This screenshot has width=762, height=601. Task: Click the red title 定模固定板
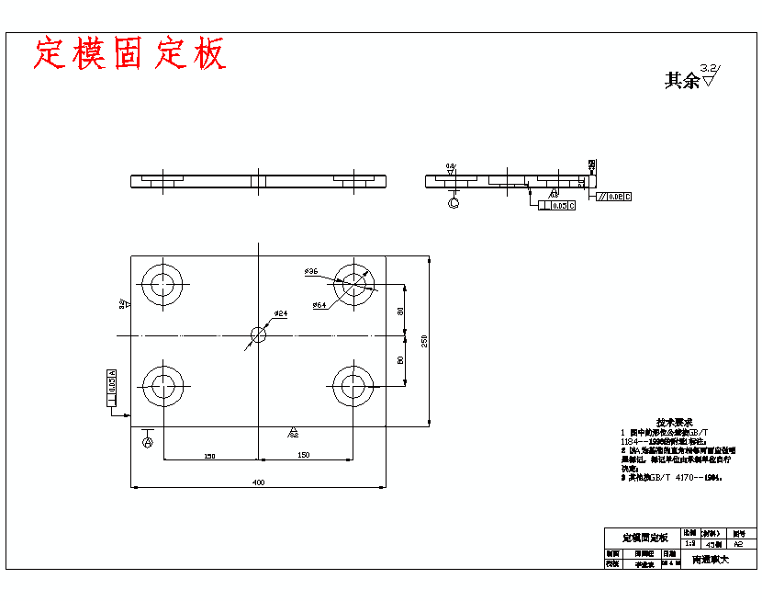tap(129, 53)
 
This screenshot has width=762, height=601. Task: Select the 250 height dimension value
tap(425, 341)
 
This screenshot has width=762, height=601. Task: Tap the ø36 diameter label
tap(311, 272)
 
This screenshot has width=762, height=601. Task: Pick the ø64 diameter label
tap(319, 304)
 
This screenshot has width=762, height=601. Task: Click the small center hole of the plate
tap(259, 335)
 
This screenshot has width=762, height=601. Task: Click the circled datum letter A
tap(147, 442)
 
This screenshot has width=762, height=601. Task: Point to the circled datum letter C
tap(453, 203)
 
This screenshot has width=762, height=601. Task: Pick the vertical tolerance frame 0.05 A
tap(112, 387)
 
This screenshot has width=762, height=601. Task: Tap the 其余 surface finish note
tap(682, 81)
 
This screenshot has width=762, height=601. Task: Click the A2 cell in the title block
tap(739, 544)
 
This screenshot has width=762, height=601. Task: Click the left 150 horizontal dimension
tap(209, 455)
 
